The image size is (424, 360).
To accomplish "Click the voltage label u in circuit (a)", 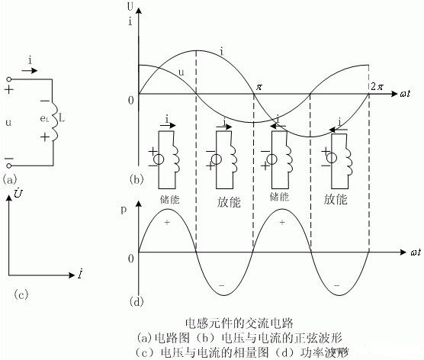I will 10,121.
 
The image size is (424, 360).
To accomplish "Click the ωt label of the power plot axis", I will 415,251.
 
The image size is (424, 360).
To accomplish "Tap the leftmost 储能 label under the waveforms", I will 170,197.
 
